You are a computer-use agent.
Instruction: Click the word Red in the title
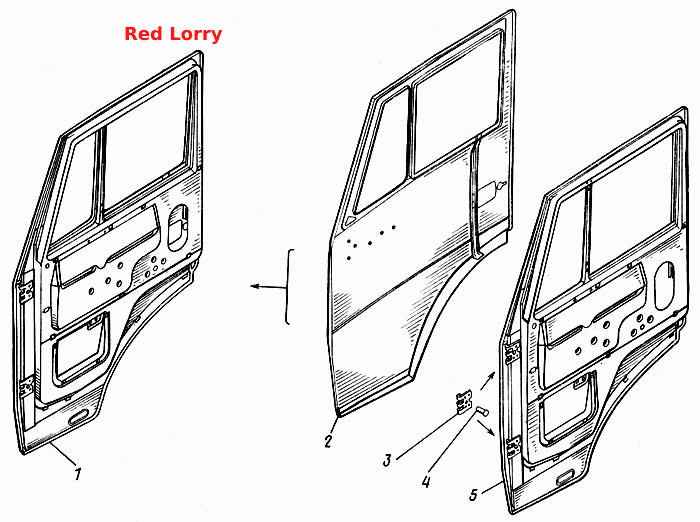[x=137, y=34]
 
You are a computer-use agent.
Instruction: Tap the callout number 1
[x=78, y=473]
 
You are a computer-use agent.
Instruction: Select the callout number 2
[x=329, y=442]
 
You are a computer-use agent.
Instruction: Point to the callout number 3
[x=387, y=459]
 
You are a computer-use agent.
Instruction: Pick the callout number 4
[x=426, y=481]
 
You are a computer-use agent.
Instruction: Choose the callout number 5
[x=474, y=494]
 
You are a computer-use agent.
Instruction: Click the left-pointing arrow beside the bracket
[x=268, y=287]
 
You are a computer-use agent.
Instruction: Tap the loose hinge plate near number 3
[x=464, y=401]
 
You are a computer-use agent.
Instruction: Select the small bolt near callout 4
[x=482, y=410]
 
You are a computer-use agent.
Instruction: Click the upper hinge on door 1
[x=25, y=292]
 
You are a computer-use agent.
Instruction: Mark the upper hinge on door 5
[x=512, y=352]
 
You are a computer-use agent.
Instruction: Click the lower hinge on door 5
[x=514, y=447]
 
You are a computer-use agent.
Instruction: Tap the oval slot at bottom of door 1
[x=79, y=419]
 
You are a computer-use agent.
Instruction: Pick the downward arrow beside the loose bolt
[x=486, y=428]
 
